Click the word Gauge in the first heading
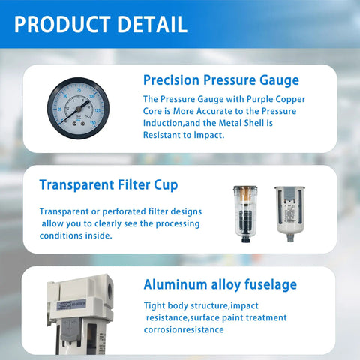click(x=277, y=80)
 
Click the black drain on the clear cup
click(x=244, y=239)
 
